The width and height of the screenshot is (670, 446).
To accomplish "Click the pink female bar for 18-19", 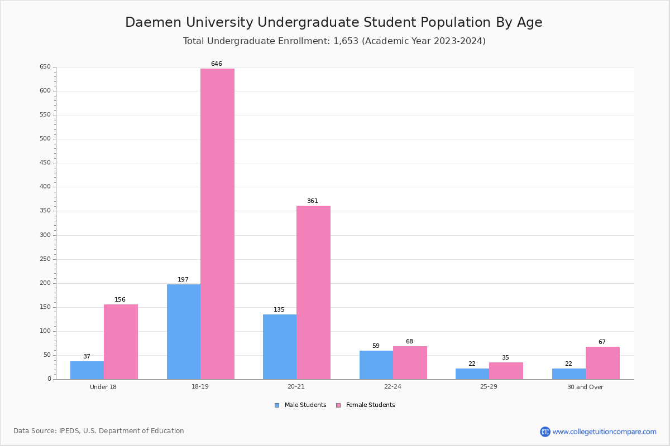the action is [217, 224].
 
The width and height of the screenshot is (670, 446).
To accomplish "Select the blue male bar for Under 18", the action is [87, 370].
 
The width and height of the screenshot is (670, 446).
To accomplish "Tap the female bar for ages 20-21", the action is [313, 293].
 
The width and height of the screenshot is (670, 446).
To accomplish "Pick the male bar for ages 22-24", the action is [376, 365].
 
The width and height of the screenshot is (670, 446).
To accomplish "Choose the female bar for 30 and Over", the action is [602, 363].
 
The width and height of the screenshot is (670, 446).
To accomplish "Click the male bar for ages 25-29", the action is [472, 374].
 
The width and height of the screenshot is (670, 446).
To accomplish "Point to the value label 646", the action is [217, 64].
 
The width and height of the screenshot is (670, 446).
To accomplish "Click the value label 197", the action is [183, 279].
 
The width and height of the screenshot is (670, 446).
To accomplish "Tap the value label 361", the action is [313, 201].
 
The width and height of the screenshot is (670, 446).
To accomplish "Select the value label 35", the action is [505, 357].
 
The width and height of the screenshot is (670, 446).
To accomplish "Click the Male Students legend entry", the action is [300, 405].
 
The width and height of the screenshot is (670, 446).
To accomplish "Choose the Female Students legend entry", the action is [366, 405].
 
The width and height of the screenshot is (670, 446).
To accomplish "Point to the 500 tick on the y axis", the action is [45, 139].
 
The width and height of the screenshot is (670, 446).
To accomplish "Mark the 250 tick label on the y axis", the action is [45, 259].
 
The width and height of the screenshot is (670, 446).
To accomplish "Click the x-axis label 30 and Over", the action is [585, 387].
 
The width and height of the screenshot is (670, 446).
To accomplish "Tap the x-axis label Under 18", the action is [103, 387].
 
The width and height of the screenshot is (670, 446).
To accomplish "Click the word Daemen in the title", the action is [153, 22].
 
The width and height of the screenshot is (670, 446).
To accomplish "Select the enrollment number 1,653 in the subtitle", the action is [346, 41].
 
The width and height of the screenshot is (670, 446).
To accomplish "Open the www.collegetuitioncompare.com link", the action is [605, 432].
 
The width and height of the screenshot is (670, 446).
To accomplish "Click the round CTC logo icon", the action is [545, 432].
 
